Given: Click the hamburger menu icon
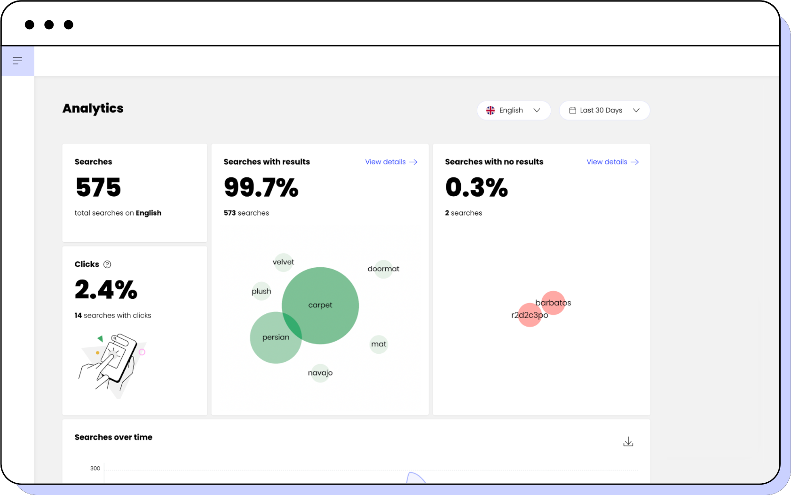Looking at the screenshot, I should pyautogui.click(x=17, y=61).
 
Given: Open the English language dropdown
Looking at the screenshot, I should pyautogui.click(x=514, y=111).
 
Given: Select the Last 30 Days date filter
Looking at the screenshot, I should pyautogui.click(x=604, y=111).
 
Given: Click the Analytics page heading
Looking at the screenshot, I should pyautogui.click(x=93, y=109).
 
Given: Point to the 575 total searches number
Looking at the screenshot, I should pyautogui.click(x=98, y=187).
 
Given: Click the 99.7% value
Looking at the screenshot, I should pyautogui.click(x=261, y=187).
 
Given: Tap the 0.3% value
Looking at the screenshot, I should pyautogui.click(x=476, y=187).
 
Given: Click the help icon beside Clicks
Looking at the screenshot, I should pyautogui.click(x=107, y=264).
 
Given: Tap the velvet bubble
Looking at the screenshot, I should pyautogui.click(x=284, y=262).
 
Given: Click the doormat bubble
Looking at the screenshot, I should pyautogui.click(x=383, y=269).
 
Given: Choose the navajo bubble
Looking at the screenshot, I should pyautogui.click(x=320, y=373).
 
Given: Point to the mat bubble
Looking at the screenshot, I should pyautogui.click(x=379, y=344).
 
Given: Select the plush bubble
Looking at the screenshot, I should pyautogui.click(x=261, y=291).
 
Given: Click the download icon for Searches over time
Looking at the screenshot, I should pyautogui.click(x=628, y=442).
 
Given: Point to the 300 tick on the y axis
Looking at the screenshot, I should pyautogui.click(x=95, y=469).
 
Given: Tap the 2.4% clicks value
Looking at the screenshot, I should pyautogui.click(x=106, y=290).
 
